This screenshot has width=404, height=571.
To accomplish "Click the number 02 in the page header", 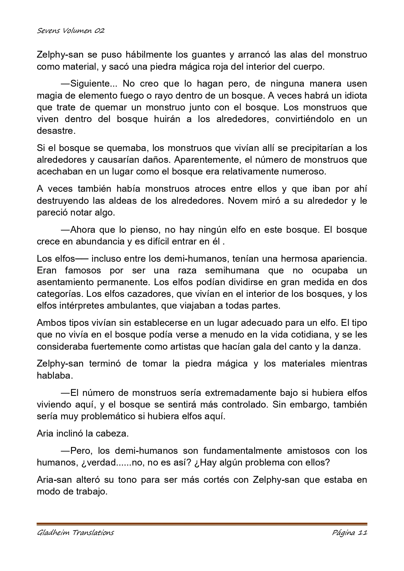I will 100,31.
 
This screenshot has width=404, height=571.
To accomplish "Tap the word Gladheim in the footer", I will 52,533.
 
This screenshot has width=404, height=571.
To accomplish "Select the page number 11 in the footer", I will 362,533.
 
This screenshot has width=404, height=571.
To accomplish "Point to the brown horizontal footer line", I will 202,524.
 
